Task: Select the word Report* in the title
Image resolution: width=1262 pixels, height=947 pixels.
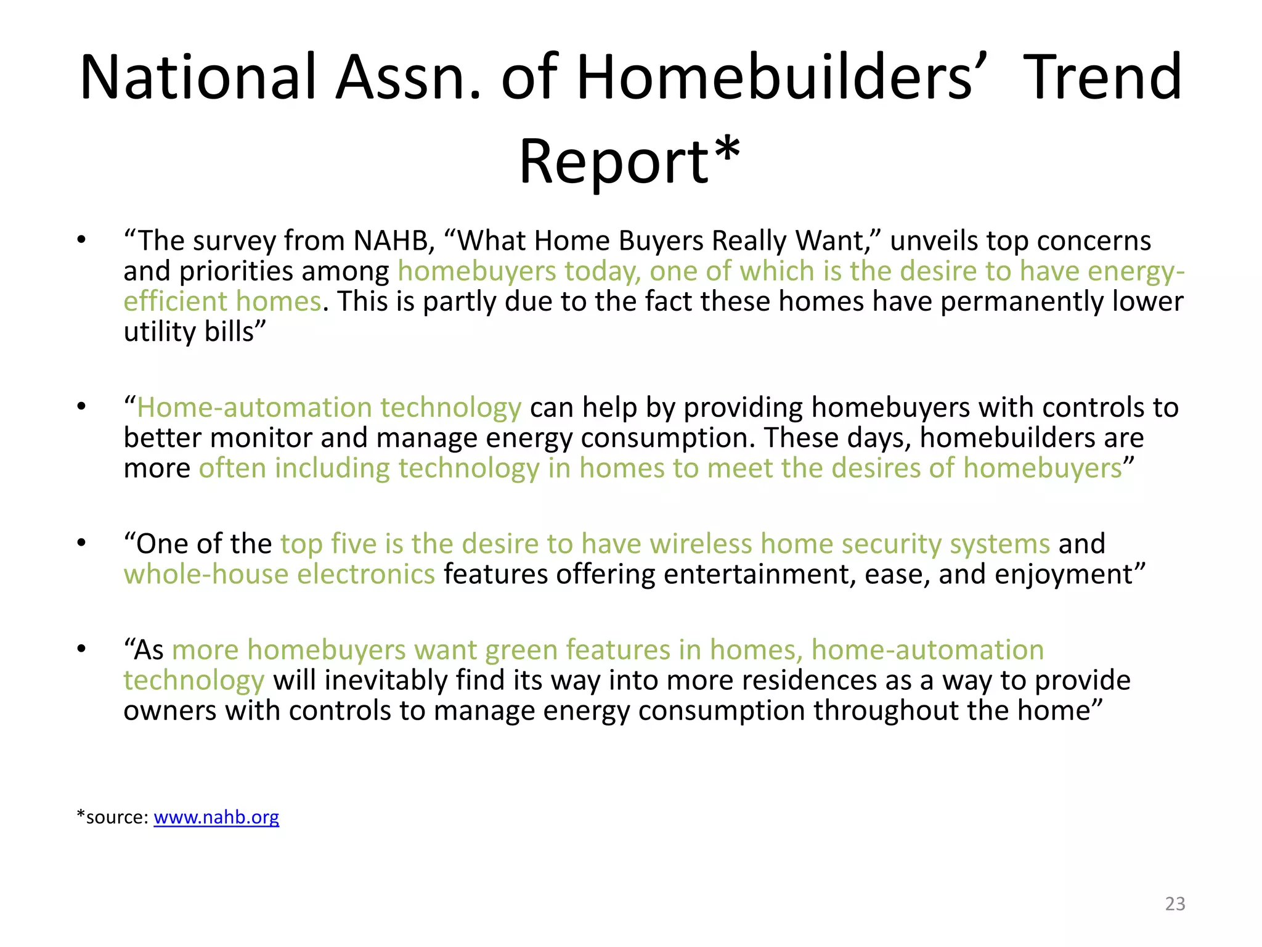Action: pos(629,162)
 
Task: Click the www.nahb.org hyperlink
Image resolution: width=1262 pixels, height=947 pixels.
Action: pos(216,817)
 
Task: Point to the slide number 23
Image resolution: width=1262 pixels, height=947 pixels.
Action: pos(1175,903)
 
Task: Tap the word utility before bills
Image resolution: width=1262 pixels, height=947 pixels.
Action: pos(159,332)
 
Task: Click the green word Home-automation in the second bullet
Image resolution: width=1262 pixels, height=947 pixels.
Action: pos(254,408)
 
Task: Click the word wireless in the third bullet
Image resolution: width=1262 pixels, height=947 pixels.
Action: pos(701,544)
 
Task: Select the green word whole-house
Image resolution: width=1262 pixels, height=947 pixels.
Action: pos(206,575)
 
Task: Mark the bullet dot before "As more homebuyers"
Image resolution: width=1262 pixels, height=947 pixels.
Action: pos(81,649)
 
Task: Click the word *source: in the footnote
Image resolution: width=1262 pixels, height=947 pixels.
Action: pos(112,817)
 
